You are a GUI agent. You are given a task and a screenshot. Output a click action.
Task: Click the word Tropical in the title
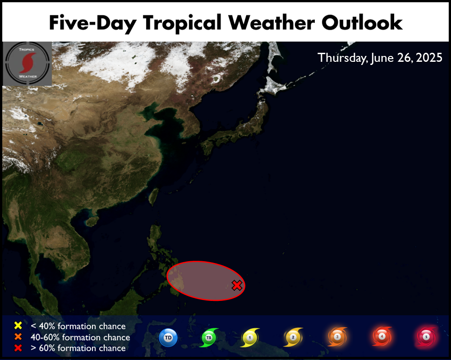point(183,23)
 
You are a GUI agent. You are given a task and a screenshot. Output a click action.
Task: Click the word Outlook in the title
point(362,22)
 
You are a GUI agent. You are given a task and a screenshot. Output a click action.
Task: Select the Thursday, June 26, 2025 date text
point(380,58)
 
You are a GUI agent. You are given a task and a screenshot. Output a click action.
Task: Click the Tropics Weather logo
point(28,64)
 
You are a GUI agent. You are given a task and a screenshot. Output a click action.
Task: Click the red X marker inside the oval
point(237,285)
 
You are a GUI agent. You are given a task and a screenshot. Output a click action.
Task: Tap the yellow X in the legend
point(18,325)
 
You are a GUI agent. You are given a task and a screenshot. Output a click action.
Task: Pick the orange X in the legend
point(18,337)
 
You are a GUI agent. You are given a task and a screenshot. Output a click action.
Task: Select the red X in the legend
point(18,348)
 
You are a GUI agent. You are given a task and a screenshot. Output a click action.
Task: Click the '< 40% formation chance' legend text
point(78,326)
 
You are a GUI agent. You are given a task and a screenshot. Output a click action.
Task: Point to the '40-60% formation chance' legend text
point(80,337)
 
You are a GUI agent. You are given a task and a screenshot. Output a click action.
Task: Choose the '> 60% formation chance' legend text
point(78,348)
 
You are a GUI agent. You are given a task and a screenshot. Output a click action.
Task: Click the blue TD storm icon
point(168,337)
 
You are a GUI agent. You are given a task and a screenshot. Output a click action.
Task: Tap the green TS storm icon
point(209,337)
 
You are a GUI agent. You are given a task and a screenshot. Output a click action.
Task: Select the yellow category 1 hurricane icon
point(250,337)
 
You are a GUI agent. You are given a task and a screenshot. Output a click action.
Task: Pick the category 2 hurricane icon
point(293,337)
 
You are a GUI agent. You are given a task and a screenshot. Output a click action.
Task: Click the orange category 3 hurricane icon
point(337,337)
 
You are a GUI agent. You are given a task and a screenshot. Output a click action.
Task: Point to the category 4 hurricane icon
point(382,336)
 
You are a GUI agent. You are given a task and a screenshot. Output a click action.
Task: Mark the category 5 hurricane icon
point(426,337)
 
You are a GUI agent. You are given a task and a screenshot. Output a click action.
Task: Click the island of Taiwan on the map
point(154,196)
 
